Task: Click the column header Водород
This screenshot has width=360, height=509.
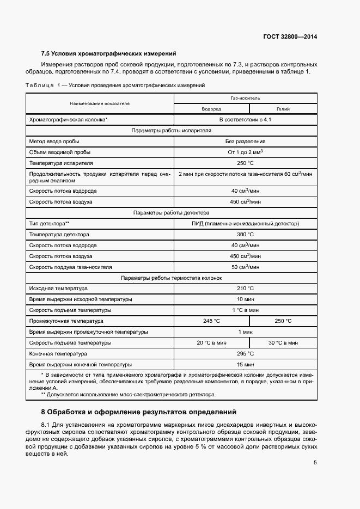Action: coord(211,109)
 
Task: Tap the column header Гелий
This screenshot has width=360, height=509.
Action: coord(283,109)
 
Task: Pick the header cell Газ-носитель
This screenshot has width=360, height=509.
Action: coord(245,98)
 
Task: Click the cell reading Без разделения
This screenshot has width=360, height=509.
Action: coord(245,141)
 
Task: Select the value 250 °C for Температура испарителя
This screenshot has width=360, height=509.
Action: coord(245,163)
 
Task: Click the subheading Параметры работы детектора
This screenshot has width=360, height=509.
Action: coord(172,212)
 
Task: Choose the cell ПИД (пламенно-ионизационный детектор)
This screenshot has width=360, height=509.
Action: coord(245,223)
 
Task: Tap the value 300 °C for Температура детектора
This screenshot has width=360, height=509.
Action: coord(245,234)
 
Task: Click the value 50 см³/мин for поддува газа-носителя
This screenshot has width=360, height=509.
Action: coord(245,267)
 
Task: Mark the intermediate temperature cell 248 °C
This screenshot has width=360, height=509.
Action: coord(211,321)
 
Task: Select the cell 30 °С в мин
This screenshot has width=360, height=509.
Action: coord(283,343)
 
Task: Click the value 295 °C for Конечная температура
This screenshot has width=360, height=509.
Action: coord(245,354)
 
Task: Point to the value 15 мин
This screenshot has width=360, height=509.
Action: coord(245,365)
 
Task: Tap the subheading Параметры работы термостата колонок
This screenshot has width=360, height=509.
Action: coord(172,278)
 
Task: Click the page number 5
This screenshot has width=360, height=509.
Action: coord(315,463)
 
